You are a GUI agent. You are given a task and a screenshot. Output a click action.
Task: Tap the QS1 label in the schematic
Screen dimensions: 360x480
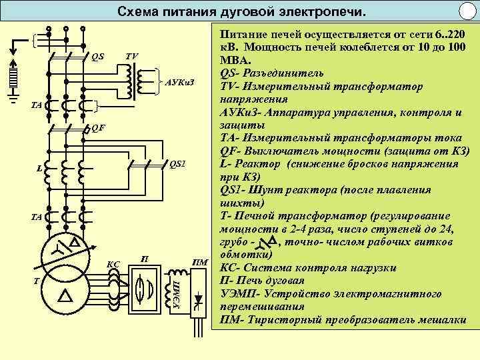point(178,163)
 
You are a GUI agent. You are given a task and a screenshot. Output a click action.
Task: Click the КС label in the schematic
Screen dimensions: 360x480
point(113,265)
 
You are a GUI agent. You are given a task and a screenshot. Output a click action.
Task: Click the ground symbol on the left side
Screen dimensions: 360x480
point(13,100)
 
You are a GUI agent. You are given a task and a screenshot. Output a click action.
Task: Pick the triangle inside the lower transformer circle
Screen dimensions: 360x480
point(65,294)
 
